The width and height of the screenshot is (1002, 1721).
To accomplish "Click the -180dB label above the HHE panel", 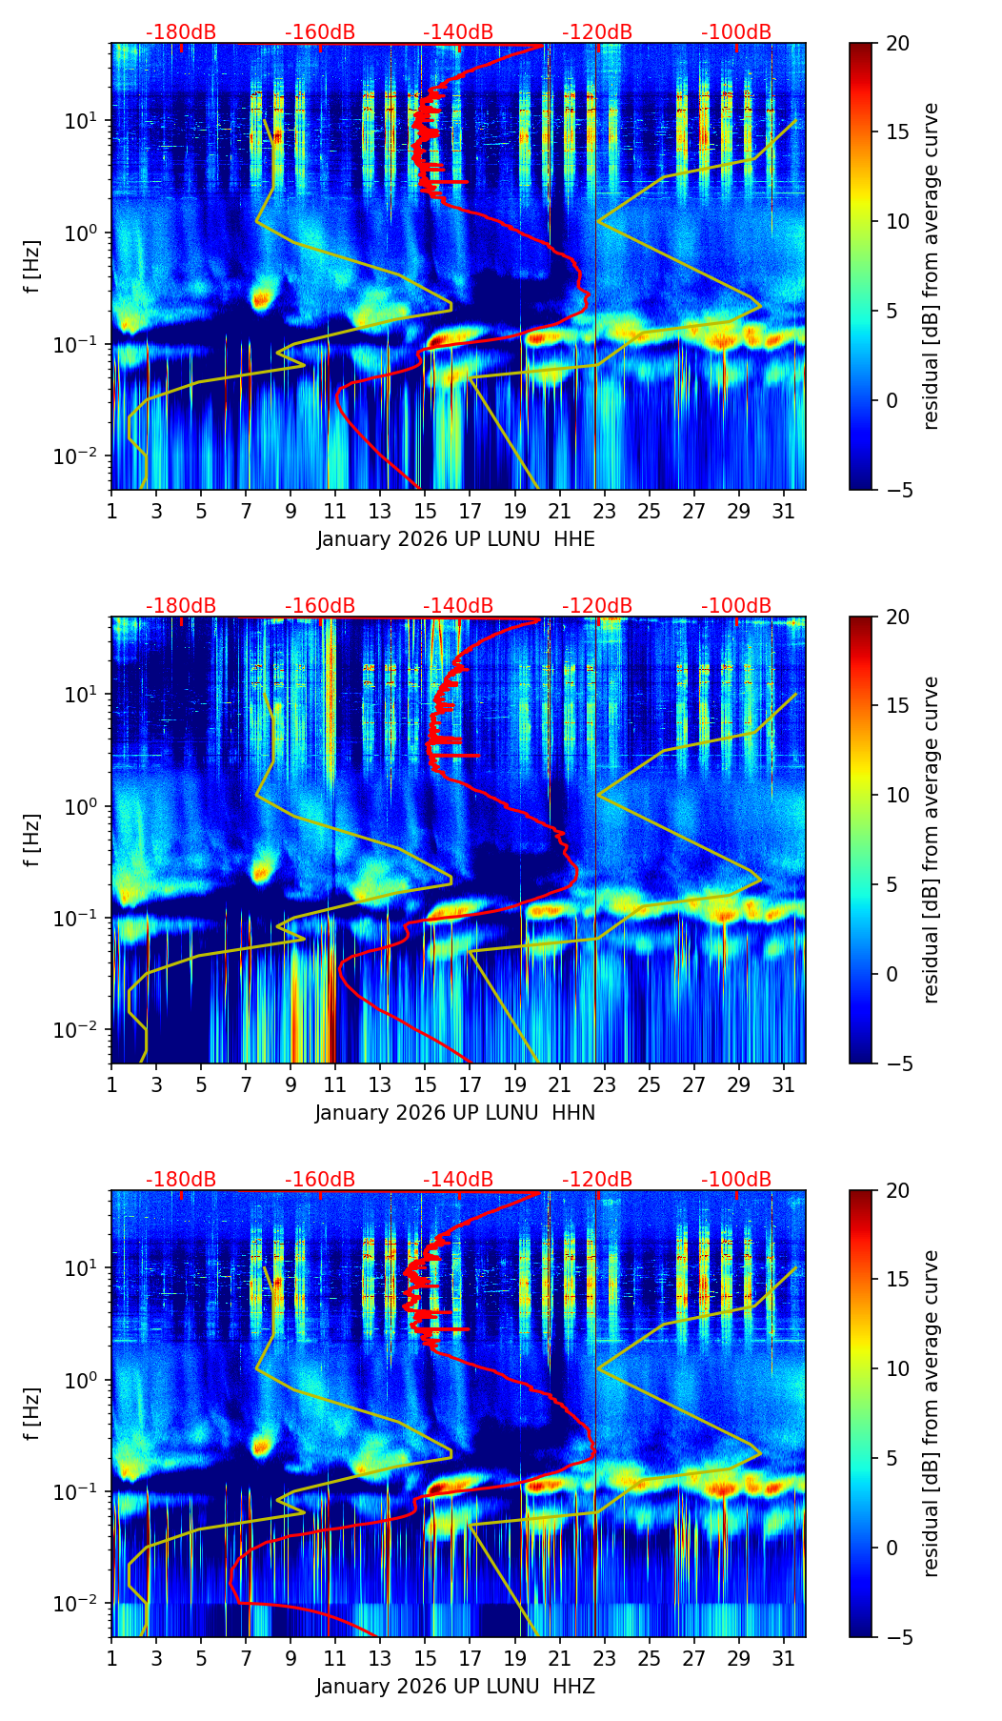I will point(181,32).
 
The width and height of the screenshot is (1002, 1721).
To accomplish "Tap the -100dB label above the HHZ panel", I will point(736,1180).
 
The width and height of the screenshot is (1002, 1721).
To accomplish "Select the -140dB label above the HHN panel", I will point(458,606).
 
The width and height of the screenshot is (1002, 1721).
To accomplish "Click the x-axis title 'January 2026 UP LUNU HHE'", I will point(455,539).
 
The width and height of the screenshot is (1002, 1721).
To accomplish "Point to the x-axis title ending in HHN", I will point(455,1113).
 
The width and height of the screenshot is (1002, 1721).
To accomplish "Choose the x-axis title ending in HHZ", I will point(455,1687).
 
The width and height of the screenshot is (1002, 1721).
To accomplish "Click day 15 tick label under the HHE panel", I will point(425,511).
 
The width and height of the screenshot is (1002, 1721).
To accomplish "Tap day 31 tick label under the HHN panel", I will point(783,1084).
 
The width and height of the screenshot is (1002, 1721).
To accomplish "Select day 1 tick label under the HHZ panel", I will point(111,1658).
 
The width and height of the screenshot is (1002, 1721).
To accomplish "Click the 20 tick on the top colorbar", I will point(897,44).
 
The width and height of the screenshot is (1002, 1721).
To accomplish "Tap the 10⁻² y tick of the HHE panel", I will point(80,456).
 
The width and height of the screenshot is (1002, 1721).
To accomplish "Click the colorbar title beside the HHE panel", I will point(932,266).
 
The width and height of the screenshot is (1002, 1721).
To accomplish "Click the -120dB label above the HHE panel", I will point(597,32).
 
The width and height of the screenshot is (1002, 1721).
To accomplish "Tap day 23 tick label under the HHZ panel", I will point(604,1658).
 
